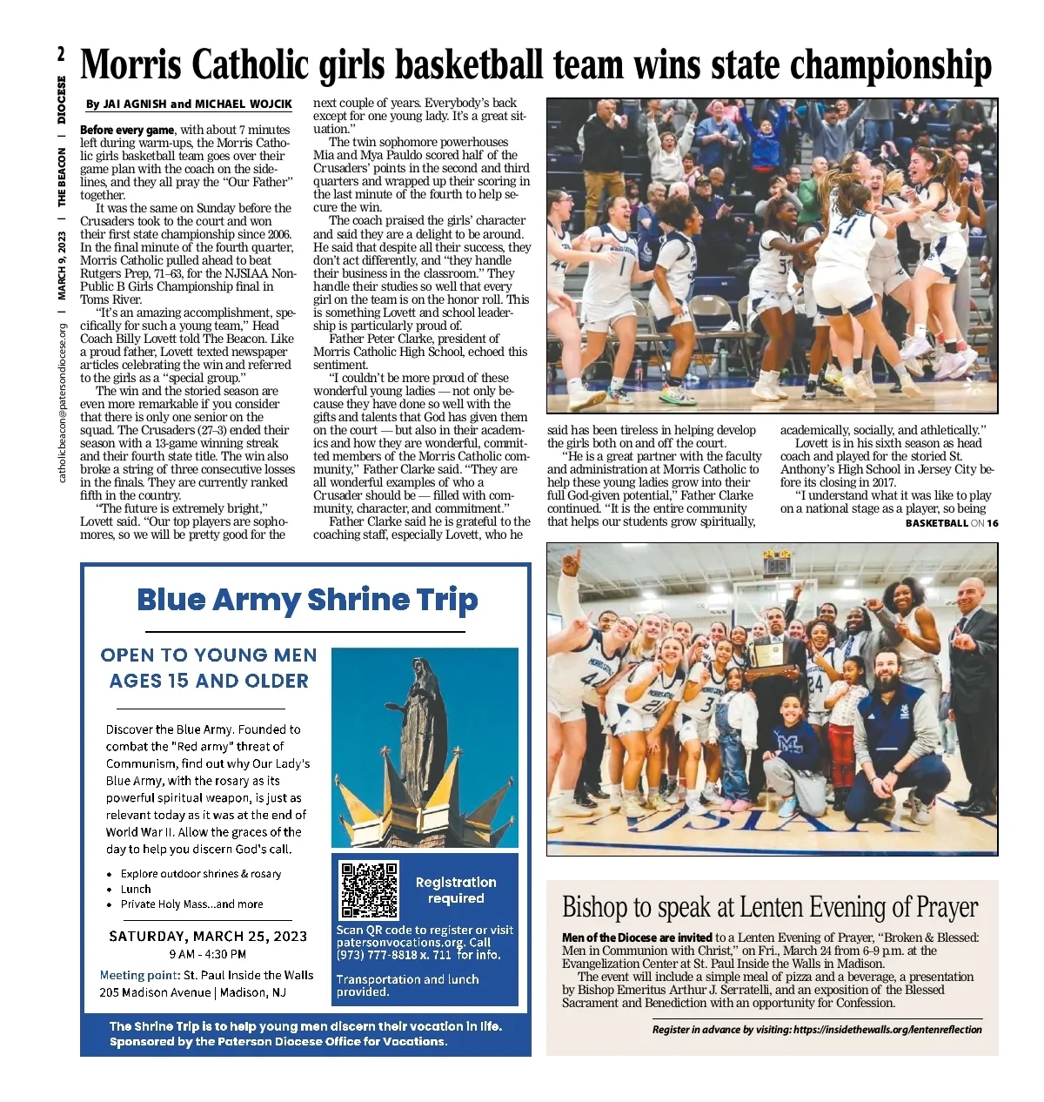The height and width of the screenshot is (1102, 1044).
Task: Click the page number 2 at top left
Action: (62, 54)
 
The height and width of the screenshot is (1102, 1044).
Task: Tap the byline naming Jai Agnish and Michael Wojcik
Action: (189, 104)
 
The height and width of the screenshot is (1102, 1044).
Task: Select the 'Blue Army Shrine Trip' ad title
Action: (307, 600)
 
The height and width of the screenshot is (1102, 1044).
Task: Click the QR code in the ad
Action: (370, 890)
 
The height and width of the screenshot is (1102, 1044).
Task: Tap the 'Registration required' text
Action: (456, 890)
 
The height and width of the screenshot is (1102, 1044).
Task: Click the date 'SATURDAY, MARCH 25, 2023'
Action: (208, 937)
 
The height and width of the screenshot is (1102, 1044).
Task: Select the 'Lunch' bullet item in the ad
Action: (136, 889)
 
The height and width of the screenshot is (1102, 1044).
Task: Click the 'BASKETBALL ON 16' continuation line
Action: (951, 523)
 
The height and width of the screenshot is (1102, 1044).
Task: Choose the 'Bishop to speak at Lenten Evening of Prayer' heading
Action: (770, 907)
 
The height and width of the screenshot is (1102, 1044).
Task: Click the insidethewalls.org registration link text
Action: (887, 1030)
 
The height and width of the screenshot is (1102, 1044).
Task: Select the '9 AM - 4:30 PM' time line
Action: (208, 954)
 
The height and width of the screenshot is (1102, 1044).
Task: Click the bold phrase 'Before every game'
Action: (127, 130)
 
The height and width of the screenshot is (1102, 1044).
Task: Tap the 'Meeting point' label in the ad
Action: (139, 976)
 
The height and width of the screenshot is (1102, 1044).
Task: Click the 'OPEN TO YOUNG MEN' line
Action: (209, 655)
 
